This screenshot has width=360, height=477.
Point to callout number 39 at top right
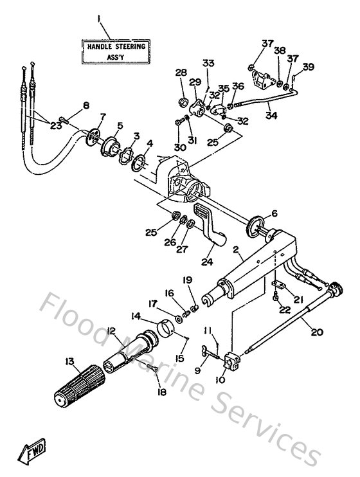(x=309, y=67)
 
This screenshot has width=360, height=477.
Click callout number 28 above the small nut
(x=181, y=73)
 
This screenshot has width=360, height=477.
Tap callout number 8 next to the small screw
(x=86, y=105)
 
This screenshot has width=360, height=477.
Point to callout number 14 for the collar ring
(x=136, y=316)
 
